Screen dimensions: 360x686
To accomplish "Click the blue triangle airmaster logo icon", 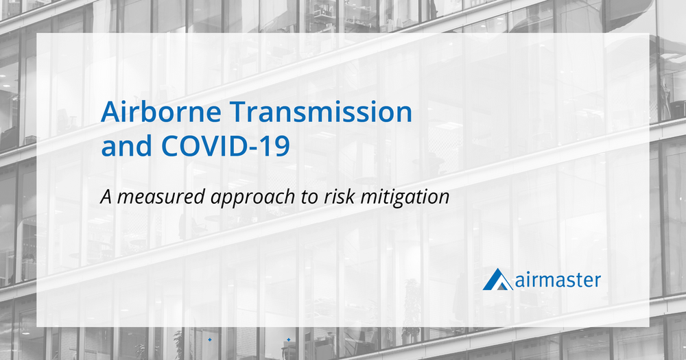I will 497,280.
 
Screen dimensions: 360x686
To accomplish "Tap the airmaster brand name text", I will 557,280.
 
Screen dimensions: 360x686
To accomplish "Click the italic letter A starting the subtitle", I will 105,197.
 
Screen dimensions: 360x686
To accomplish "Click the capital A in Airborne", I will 109,112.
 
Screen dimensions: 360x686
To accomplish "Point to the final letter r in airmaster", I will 598,280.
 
